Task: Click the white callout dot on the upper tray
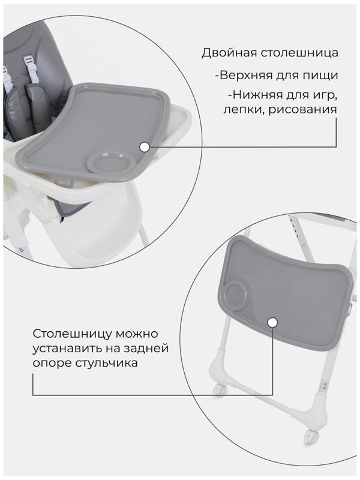[x=144, y=146]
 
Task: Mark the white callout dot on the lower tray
[x=272, y=323]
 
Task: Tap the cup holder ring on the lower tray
[x=237, y=296]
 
